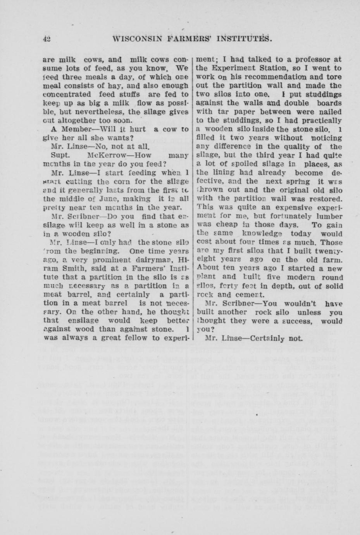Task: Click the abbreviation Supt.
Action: (x=60, y=155)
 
